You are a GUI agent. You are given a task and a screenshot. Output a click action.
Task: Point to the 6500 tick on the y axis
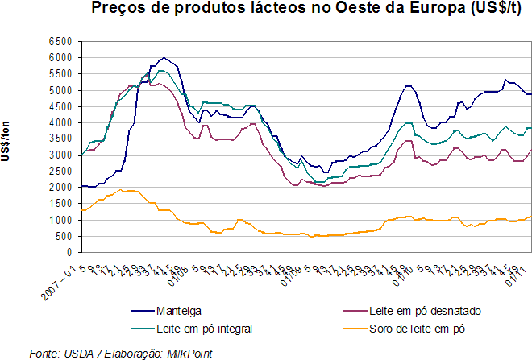point(61,41)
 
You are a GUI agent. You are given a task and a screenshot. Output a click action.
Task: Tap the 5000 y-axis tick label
point(61,90)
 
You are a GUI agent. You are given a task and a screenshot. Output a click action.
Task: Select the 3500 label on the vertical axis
point(61,139)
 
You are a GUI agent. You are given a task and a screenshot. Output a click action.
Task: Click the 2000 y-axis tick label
point(61,187)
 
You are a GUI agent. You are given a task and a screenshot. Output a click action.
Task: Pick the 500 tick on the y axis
point(64,235)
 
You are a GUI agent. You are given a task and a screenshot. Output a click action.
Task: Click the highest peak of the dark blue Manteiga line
point(164,58)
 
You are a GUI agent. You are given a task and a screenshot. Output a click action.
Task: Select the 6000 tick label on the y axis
point(61,58)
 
